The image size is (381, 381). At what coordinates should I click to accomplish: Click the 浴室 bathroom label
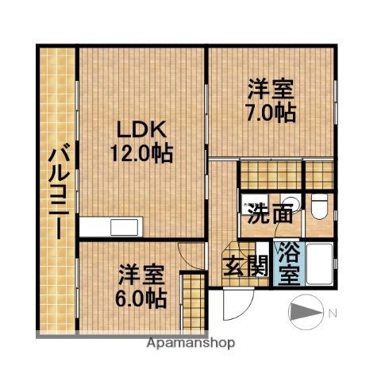pos(287,264)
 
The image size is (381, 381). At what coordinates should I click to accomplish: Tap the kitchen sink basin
pos(125,228)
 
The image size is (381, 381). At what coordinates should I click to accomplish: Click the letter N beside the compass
pos(333,313)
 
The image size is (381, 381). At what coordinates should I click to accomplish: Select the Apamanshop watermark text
pos(190,344)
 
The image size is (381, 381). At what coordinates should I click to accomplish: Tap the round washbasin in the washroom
pos(291,202)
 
